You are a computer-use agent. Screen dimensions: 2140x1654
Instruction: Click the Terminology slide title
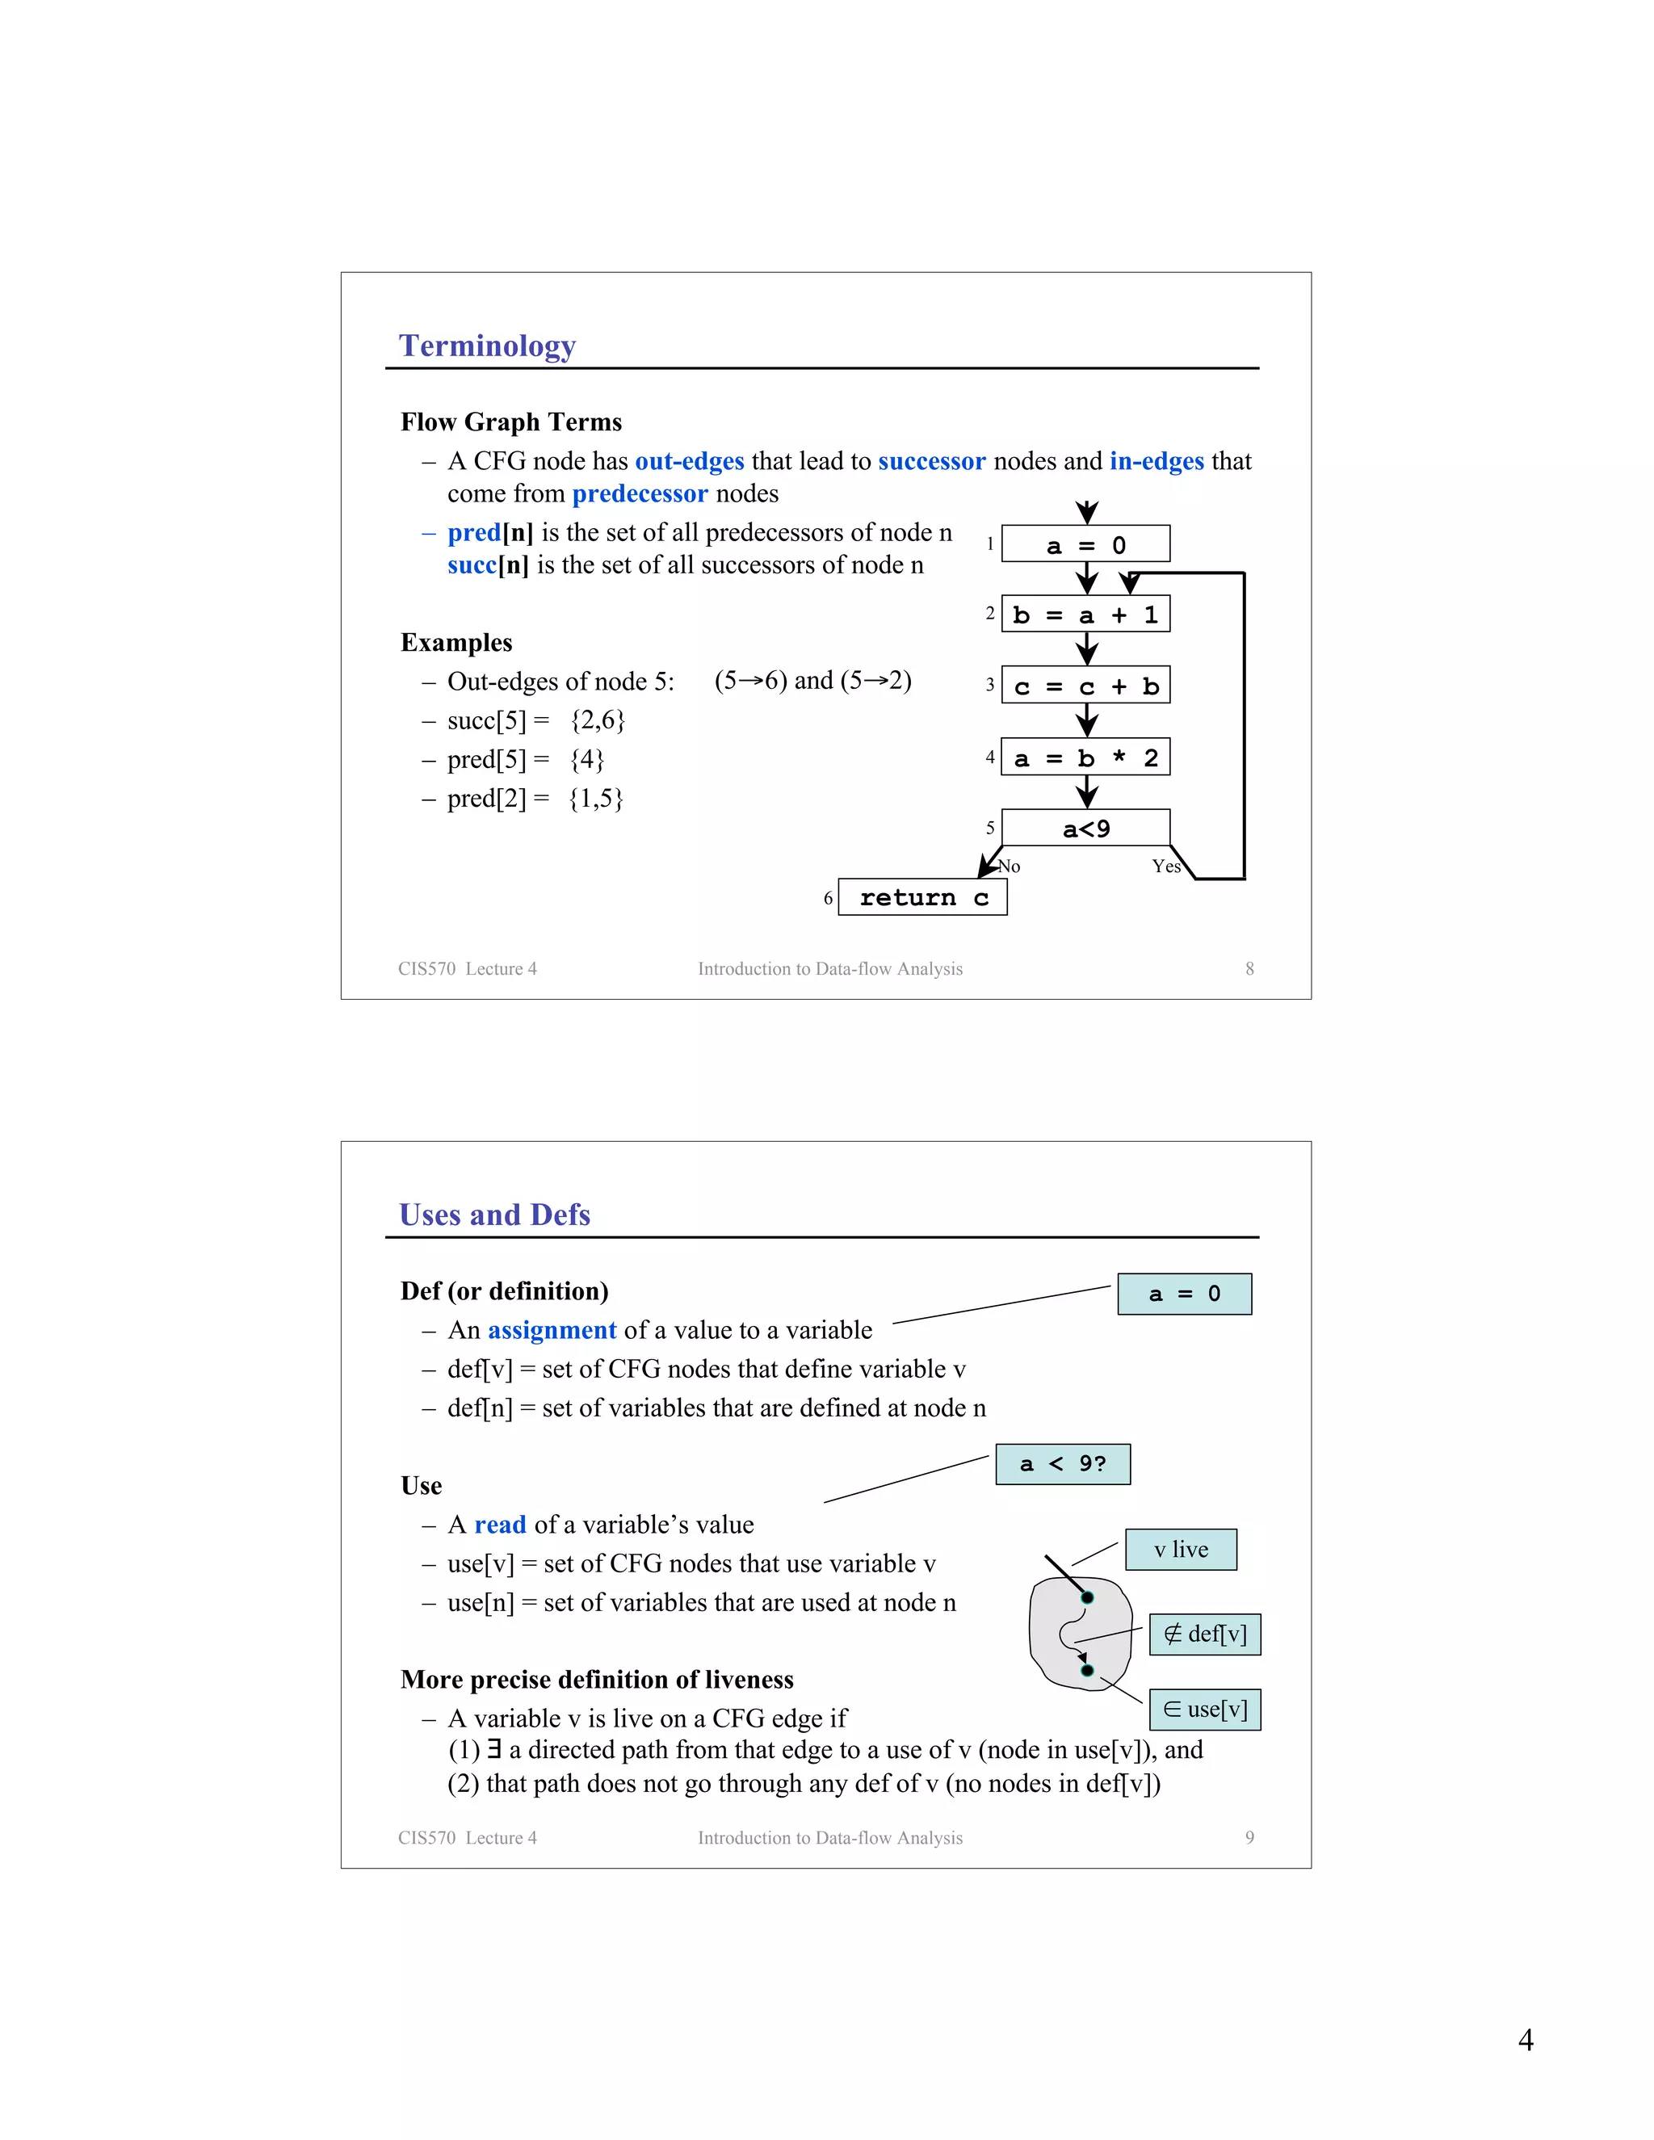[487, 346]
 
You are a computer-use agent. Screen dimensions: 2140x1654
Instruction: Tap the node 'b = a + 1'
[1085, 615]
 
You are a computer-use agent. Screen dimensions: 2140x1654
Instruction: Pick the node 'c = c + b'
[1085, 686]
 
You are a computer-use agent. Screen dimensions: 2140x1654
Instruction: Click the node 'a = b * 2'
[1085, 757]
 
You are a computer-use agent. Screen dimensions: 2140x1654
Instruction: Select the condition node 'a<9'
[1085, 828]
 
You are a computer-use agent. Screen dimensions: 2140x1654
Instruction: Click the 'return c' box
[922, 897]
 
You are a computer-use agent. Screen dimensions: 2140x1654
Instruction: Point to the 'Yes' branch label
[1165, 866]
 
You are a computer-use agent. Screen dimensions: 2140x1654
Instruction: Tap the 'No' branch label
[1010, 866]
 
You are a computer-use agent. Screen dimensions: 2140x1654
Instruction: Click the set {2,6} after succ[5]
[598, 721]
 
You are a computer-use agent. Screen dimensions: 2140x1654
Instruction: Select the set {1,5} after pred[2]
[596, 799]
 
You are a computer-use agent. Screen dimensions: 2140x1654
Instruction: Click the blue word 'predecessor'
[639, 494]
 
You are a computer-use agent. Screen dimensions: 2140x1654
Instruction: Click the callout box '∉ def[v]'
[1204, 1634]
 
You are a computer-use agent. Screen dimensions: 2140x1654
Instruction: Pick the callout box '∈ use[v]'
[1204, 1710]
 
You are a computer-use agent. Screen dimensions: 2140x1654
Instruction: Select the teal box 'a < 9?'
[1062, 1464]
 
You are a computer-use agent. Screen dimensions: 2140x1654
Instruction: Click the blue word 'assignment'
[552, 1331]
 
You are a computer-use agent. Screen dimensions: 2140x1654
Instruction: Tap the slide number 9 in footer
[1249, 1838]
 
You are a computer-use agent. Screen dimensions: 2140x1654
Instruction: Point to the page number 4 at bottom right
[1525, 2040]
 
